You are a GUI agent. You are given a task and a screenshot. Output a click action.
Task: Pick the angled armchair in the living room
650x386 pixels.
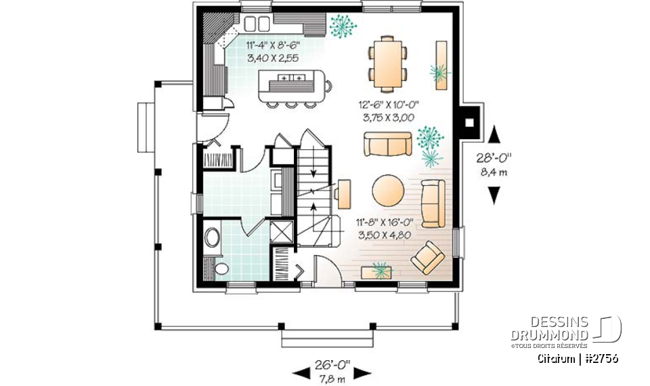428,256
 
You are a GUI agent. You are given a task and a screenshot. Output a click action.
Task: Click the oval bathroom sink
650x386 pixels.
212,238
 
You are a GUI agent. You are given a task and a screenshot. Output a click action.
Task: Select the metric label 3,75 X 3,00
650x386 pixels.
392,117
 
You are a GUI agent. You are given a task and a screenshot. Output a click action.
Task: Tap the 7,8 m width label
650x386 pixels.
332,377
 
